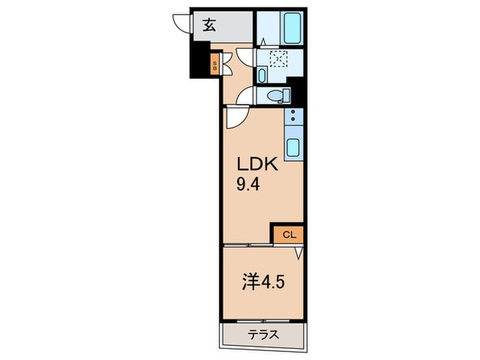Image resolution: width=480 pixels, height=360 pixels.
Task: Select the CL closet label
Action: [x=289, y=235]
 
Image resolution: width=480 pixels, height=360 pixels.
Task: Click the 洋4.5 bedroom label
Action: [x=261, y=283]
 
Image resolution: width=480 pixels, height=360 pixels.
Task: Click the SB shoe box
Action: [x=214, y=67]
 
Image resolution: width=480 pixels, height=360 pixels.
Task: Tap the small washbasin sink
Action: [x=263, y=74]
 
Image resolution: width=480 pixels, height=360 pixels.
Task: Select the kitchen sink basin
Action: [x=293, y=146]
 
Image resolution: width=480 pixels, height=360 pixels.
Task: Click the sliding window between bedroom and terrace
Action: [x=262, y=320]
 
